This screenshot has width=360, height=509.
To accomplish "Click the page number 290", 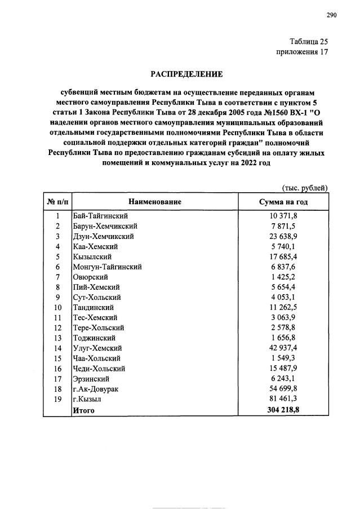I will coord(331,15).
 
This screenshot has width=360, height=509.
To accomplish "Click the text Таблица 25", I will coord(308,42).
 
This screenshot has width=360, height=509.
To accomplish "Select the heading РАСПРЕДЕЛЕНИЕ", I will coord(186,74).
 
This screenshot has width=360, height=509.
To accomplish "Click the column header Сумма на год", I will coord(283,201).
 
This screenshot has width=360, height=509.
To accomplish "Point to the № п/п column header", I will coord(57,201).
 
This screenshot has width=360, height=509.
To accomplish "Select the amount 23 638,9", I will coord(283,236).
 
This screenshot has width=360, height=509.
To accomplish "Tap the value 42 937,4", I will coord(283,348).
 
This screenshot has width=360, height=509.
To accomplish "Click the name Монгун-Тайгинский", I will coord(107,267).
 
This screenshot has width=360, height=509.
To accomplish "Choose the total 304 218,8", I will coord(283,410).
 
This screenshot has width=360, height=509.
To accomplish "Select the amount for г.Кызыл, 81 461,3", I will coord(283,399).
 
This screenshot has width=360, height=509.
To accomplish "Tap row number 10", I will coord(57,307).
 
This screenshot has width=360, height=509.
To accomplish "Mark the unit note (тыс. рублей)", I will coord(304,188).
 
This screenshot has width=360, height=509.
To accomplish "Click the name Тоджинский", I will coord(94,338).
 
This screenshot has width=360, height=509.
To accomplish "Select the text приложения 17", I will coord(302,52).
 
